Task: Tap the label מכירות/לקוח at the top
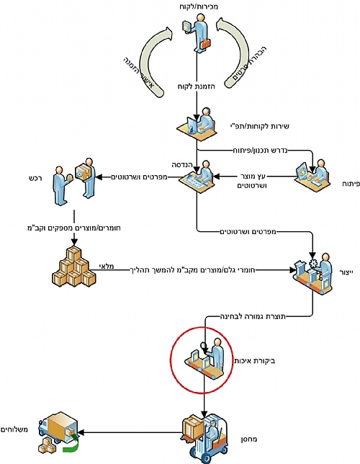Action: [199, 6]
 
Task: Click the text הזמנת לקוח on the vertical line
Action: [197, 86]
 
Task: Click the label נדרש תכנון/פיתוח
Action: [260, 151]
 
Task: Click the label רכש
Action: [35, 179]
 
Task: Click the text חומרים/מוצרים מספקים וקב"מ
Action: [74, 228]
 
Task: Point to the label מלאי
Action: [106, 266]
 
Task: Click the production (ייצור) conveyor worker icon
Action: [312, 274]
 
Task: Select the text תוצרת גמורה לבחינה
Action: [253, 316]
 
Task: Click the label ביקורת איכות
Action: [255, 361]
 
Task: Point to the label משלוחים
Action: [14, 429]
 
